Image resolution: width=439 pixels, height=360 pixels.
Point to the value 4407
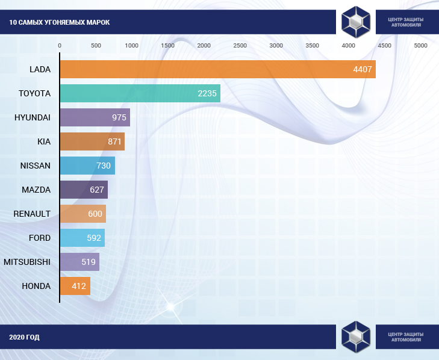(363, 69)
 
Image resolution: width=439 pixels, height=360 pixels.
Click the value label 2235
(207, 93)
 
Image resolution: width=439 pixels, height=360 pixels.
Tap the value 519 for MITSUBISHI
(89, 262)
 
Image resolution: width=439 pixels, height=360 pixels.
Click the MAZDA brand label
(36, 190)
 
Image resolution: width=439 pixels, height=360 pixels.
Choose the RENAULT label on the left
(32, 214)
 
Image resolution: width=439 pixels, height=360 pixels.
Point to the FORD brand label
(40, 238)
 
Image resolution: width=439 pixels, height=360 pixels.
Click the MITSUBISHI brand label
(27, 262)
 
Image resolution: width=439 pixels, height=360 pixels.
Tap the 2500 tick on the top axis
(240, 46)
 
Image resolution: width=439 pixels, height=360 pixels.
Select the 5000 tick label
(420, 46)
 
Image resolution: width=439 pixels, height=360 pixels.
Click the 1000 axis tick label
(131, 46)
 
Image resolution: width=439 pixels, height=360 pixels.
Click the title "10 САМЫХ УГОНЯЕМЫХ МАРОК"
(60, 23)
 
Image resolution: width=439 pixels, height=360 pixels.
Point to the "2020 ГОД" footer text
(24, 337)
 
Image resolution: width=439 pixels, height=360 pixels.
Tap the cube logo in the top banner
(355, 22)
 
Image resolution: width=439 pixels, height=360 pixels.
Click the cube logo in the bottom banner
(355, 337)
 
